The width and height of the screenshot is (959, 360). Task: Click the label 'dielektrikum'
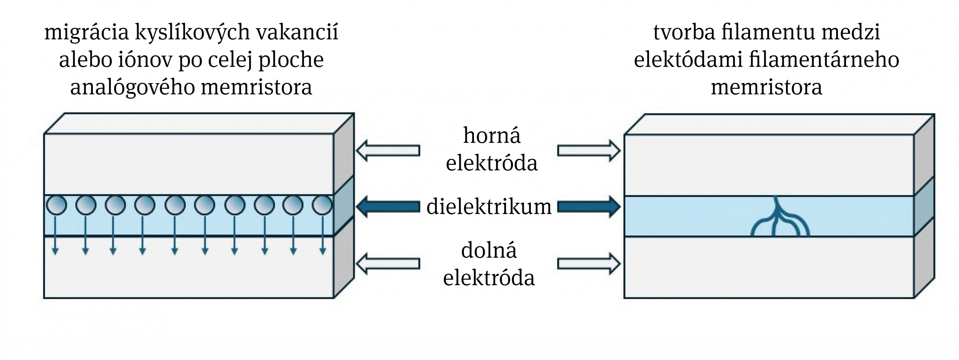(x=489, y=207)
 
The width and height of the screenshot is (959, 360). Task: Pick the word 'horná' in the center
(x=491, y=136)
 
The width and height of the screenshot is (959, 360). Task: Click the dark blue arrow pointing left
(x=388, y=207)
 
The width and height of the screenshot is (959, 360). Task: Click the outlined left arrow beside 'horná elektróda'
(x=388, y=151)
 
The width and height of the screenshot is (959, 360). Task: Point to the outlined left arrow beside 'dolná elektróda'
(x=388, y=264)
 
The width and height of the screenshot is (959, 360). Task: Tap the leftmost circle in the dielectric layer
(x=56, y=206)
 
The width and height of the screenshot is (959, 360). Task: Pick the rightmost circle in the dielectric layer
(x=322, y=206)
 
